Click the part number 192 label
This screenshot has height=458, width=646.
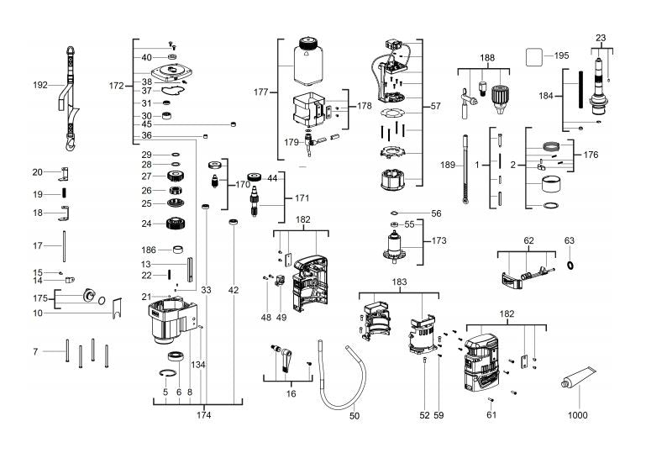pyautogui.click(x=40, y=85)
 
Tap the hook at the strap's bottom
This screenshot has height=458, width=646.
pyautogui.click(x=71, y=143)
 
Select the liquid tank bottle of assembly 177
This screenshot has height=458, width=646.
pyautogui.click(x=308, y=61)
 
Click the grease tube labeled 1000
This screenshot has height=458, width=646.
pyautogui.click(x=579, y=376)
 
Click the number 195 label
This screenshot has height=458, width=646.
pyautogui.click(x=561, y=55)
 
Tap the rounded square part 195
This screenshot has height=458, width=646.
pyautogui.click(x=534, y=57)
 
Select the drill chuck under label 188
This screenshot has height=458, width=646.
pyautogui.click(x=499, y=99)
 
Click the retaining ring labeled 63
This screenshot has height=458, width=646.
pyautogui.click(x=570, y=265)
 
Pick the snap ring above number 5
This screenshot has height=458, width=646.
pyautogui.click(x=168, y=373)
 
